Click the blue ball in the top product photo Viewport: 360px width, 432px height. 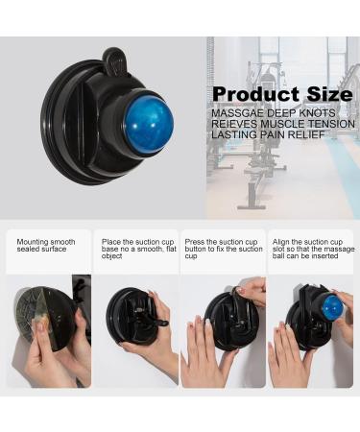(x=149, y=121)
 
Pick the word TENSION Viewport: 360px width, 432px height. (x=327, y=123)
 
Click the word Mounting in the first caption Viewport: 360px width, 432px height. (x=32, y=242)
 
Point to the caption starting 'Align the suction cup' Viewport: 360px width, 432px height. (x=311, y=249)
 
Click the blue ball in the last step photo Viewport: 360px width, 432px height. (x=333, y=307)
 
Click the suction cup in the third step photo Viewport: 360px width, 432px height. (x=226, y=321)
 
